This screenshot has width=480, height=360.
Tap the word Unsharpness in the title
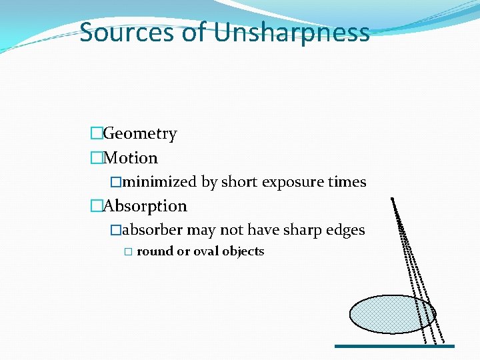[292, 32]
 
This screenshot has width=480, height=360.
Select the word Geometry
[140, 133]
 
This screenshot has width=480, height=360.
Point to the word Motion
[131, 158]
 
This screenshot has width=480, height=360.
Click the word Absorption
[145, 206]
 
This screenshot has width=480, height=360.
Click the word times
[345, 181]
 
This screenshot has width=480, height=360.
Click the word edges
[343, 230]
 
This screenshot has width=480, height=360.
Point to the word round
[154, 251]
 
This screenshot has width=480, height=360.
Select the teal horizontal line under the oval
[394, 346]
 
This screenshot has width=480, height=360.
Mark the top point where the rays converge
[393, 199]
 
